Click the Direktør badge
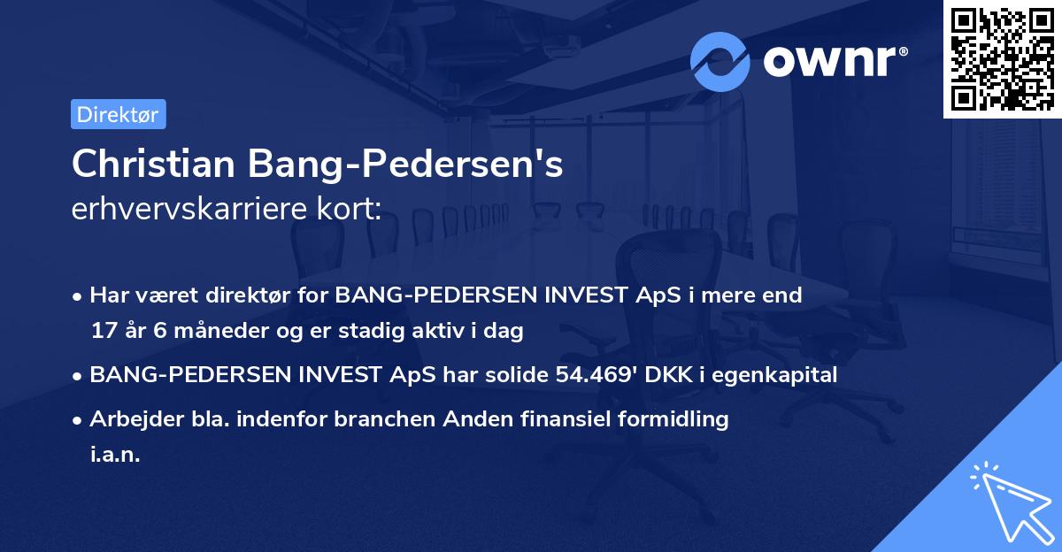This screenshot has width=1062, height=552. [118, 114]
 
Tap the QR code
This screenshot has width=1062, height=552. [1002, 58]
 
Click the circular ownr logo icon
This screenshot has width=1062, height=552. [720, 61]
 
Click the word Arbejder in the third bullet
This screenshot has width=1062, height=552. [130, 419]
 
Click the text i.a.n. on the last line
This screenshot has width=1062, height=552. [115, 455]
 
